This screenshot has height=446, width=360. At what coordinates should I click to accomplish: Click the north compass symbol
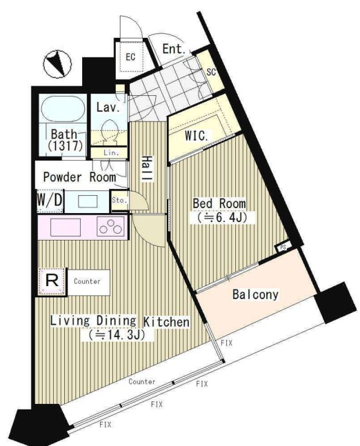pos(57,65)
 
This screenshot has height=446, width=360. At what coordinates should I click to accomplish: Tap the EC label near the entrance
pos(130,57)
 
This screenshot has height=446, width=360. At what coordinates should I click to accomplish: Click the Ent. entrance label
pos(174,49)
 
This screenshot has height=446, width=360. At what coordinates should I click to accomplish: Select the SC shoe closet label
pos(211,72)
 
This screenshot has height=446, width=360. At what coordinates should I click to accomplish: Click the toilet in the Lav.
pos(109,131)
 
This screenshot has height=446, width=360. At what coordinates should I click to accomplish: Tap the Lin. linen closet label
pos(111,153)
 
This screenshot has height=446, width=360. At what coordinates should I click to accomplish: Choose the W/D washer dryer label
pos(50,200)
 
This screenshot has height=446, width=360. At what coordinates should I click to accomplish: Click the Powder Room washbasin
pos(88,201)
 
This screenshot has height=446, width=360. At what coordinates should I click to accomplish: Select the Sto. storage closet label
pos(119,200)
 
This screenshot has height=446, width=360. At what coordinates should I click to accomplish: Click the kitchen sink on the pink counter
pos(66,227)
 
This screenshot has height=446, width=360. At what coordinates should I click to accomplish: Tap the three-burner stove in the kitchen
pos(110,226)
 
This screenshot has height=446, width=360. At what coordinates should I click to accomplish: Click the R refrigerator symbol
pos(52,281)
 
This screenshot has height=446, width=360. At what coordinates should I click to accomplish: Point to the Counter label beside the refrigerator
pos(87,282)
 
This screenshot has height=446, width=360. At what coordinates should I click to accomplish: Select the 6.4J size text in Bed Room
pos(221,218)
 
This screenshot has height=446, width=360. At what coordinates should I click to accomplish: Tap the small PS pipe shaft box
pos(283,247)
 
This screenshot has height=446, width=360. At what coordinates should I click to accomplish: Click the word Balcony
pos(255,294)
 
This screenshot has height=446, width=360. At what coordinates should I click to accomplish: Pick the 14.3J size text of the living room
pos(117,335)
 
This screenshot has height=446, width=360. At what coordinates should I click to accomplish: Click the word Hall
pos(147,168)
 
